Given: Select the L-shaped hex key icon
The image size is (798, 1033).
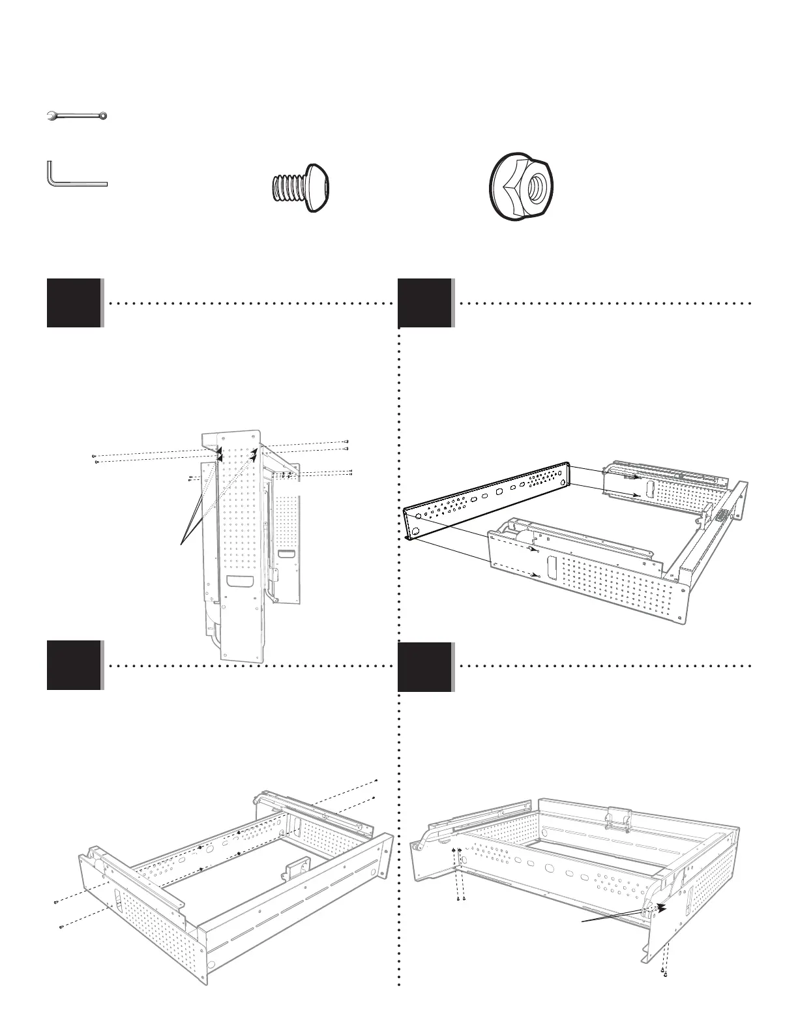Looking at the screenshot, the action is coord(75,177).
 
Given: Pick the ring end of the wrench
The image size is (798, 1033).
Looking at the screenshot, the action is coord(102,116).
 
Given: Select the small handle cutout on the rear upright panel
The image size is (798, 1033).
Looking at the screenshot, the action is coord(285,555).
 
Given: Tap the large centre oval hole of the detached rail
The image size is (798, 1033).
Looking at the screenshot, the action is coord(499,492).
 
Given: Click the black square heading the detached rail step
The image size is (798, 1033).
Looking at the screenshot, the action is coord(424,303).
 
